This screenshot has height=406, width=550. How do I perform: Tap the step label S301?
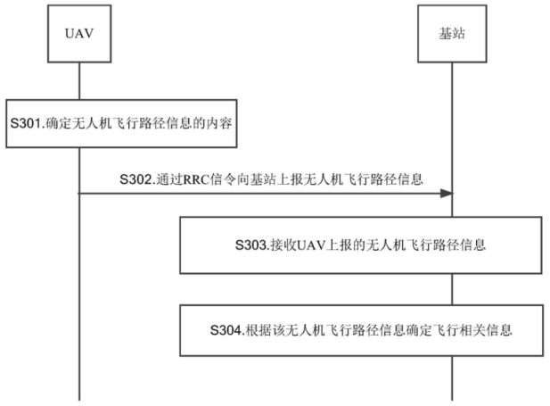tap(26, 123)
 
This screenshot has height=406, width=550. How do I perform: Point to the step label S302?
tap(135, 179)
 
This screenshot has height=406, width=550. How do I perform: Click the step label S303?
tap(250, 244)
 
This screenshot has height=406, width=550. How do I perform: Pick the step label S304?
tap(226, 330)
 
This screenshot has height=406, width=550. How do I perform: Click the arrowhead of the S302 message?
tap(447, 193)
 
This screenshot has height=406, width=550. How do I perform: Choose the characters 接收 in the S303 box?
tap(283, 244)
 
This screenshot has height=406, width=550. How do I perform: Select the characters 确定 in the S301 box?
tap(59, 123)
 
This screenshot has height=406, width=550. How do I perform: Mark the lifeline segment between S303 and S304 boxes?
tap(452, 289)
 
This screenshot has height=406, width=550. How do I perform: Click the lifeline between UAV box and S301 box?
tap(79, 81)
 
